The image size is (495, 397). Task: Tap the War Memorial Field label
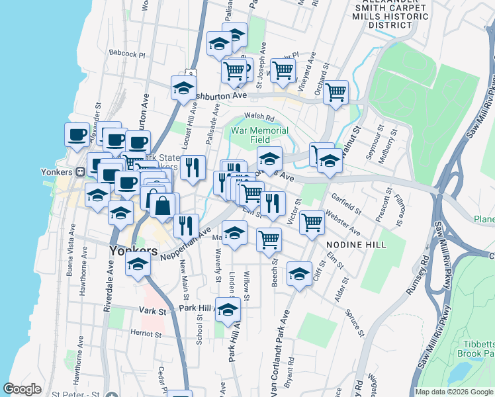259,135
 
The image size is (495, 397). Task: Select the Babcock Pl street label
127,52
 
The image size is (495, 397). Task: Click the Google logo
22,389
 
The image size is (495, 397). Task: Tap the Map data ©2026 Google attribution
454,392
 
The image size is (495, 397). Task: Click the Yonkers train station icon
79,171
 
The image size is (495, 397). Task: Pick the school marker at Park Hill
228,309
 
